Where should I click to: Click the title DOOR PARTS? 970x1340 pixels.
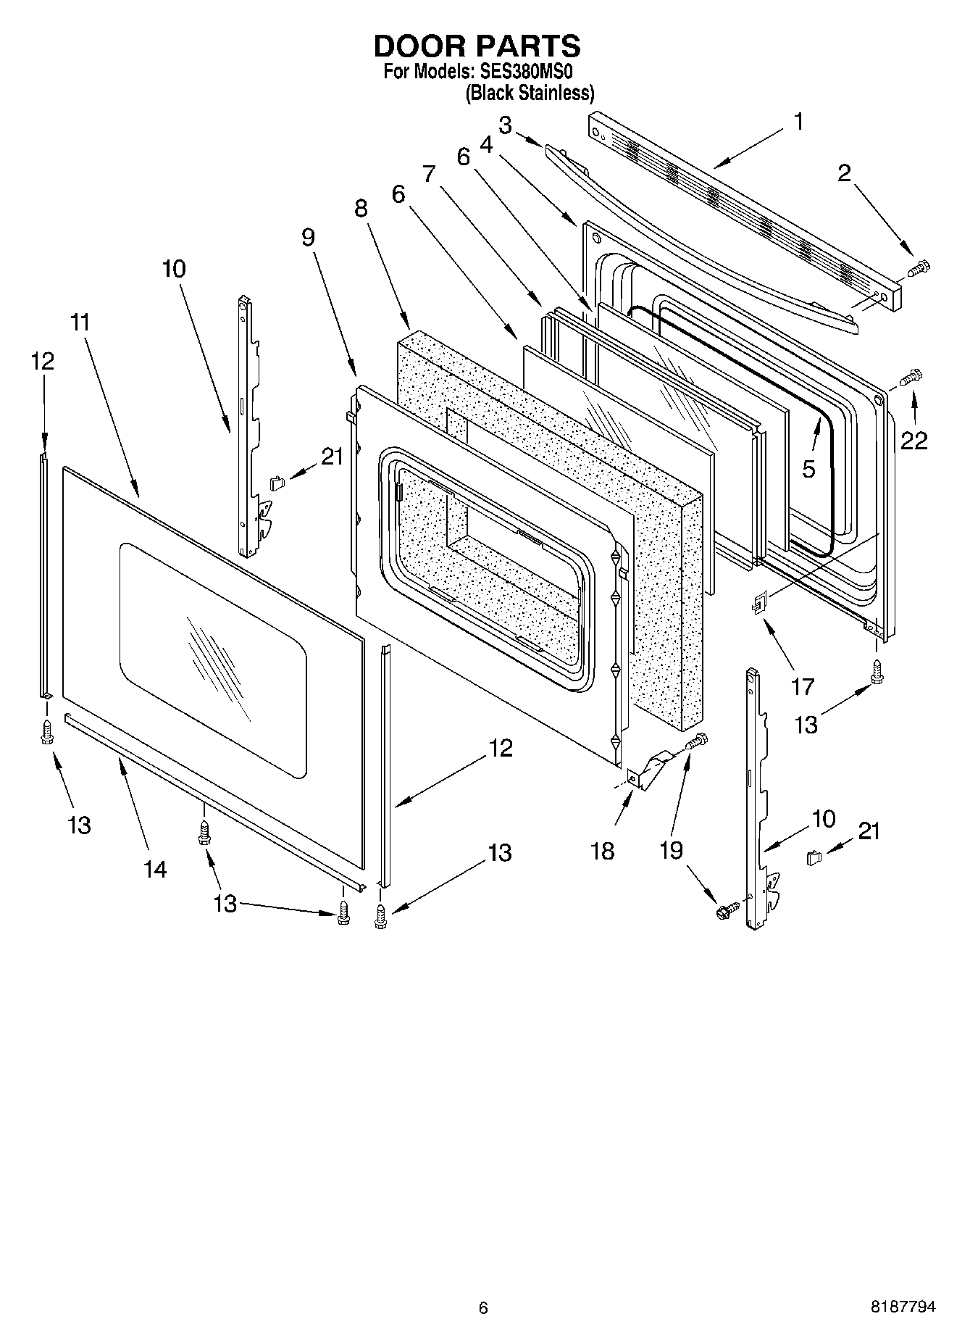click(x=476, y=46)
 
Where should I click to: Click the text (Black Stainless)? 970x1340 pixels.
click(x=529, y=93)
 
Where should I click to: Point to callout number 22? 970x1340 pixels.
click(x=913, y=440)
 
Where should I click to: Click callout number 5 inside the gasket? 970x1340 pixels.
click(x=808, y=468)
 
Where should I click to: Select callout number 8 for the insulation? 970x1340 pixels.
click(x=361, y=208)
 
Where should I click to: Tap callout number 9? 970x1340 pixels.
click(x=309, y=237)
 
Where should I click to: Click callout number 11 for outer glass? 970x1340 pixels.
click(x=80, y=322)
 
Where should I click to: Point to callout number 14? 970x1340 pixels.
click(x=155, y=868)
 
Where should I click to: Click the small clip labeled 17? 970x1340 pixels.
click(x=758, y=602)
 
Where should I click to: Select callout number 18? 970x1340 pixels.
click(x=602, y=850)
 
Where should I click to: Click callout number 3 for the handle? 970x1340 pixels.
click(x=505, y=125)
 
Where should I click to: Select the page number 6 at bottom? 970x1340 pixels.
click(x=483, y=1307)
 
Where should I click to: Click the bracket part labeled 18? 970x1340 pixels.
click(x=647, y=773)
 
